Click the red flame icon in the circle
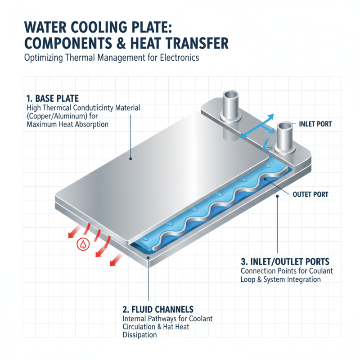point(82,244)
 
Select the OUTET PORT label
point(310,195)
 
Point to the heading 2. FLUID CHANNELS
point(158,309)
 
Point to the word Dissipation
point(140,335)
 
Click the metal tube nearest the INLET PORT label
point(285,137)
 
